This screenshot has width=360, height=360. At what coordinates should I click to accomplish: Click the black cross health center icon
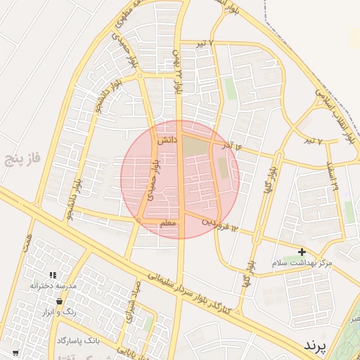click(302, 252)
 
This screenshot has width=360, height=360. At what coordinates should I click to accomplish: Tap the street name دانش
click(166, 141)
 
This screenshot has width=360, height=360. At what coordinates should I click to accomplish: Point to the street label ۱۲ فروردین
click(221, 224)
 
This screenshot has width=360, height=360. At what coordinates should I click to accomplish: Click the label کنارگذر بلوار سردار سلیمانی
click(190, 288)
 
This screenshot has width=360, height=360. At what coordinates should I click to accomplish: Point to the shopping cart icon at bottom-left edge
click(15, 352)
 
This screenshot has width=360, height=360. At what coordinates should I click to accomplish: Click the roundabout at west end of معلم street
click(139, 221)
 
